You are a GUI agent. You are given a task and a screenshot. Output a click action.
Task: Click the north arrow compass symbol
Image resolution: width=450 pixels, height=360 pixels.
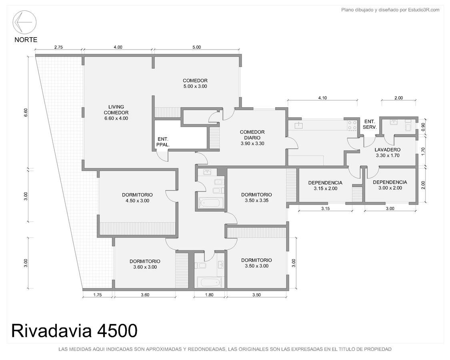point(24,22)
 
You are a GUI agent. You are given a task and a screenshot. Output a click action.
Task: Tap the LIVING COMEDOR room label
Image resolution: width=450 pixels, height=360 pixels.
point(116,112)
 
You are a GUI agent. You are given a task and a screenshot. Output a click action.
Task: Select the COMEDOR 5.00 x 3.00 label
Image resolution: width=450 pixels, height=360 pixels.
point(195,83)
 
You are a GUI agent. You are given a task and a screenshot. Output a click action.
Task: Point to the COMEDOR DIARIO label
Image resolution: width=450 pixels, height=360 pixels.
point(252,138)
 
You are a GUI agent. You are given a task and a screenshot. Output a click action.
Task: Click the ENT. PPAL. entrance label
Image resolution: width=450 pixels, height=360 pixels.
point(163,142)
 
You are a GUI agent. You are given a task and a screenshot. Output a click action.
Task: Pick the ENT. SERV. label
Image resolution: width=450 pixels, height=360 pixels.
point(370,124)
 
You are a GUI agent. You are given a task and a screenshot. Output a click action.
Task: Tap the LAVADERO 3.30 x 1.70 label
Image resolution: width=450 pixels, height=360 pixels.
point(388,152)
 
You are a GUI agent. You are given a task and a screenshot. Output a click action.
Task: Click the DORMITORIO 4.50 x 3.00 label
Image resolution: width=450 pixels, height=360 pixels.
point(137,198)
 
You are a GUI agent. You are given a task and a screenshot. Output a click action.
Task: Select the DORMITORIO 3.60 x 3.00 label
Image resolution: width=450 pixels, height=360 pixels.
point(145,264)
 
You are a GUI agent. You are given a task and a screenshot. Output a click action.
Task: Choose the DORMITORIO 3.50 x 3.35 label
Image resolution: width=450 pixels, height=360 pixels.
point(256,198)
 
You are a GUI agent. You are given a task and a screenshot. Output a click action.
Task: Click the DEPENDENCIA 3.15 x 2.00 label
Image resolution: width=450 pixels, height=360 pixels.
point(325,186)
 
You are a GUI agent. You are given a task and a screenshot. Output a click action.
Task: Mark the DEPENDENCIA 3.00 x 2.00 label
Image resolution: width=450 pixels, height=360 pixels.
point(390,185)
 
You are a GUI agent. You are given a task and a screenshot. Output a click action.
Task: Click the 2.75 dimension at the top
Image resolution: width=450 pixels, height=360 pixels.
point(58,47)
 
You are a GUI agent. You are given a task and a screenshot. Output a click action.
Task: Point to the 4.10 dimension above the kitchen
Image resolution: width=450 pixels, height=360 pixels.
point(322,98)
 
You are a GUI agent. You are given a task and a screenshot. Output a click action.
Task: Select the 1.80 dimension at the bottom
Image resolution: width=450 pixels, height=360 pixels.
point(209,294)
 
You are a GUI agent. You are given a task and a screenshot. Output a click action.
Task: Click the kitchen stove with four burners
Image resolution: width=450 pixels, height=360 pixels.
point(352,125)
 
